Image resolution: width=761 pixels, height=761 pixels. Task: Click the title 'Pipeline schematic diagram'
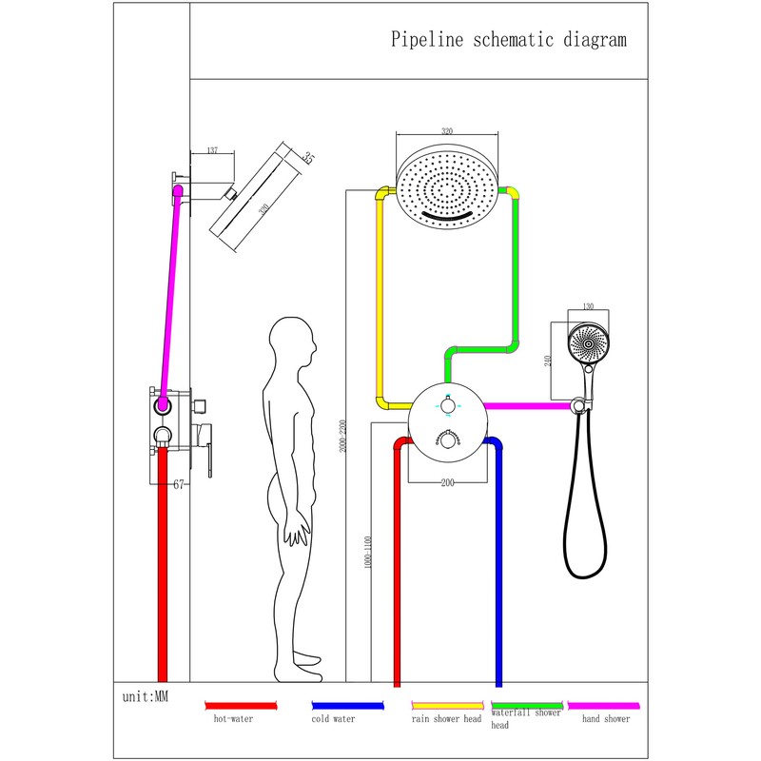(509, 40)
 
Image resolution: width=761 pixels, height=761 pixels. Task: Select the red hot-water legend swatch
(241, 705)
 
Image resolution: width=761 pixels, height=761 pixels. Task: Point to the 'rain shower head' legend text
(446, 719)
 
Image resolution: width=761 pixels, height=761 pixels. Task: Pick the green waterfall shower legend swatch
(526, 705)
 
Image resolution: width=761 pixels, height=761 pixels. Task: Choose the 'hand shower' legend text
(606, 719)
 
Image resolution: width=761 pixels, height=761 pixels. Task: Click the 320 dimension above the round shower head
(446, 131)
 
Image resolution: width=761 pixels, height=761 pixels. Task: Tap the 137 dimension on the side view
(212, 151)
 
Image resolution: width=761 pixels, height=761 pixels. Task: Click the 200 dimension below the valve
(448, 483)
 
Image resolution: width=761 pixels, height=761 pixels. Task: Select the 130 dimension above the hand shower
(587, 307)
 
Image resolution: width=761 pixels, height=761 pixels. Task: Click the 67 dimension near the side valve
(178, 484)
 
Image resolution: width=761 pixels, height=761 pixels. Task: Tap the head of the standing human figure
(291, 344)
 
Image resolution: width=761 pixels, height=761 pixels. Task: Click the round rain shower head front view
(446, 185)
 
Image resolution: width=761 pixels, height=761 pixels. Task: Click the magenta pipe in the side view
(171, 295)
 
